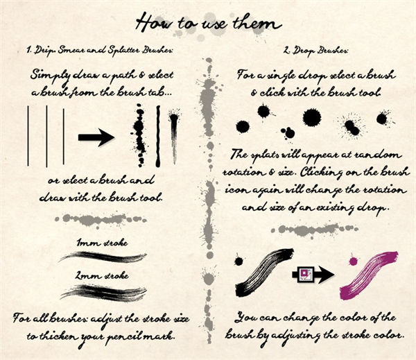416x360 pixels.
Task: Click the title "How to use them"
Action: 208,23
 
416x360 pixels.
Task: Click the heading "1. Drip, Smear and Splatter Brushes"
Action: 100,50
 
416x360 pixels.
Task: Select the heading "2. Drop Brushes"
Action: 315,51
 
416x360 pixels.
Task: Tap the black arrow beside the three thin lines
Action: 96,137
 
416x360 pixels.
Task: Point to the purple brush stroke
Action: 370,275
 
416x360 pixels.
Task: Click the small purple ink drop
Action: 353,261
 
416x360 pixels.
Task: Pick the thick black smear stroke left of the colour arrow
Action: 264,272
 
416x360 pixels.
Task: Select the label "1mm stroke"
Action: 102,243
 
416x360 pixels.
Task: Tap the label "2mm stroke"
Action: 102,275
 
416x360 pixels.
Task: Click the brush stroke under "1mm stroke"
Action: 103,257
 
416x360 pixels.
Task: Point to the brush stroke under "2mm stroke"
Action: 103,293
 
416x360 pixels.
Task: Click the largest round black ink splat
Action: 312,118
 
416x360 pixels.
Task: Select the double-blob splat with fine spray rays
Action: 352,127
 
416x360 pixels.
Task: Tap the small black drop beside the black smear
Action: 239,262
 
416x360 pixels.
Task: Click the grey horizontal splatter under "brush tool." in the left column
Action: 101,220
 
